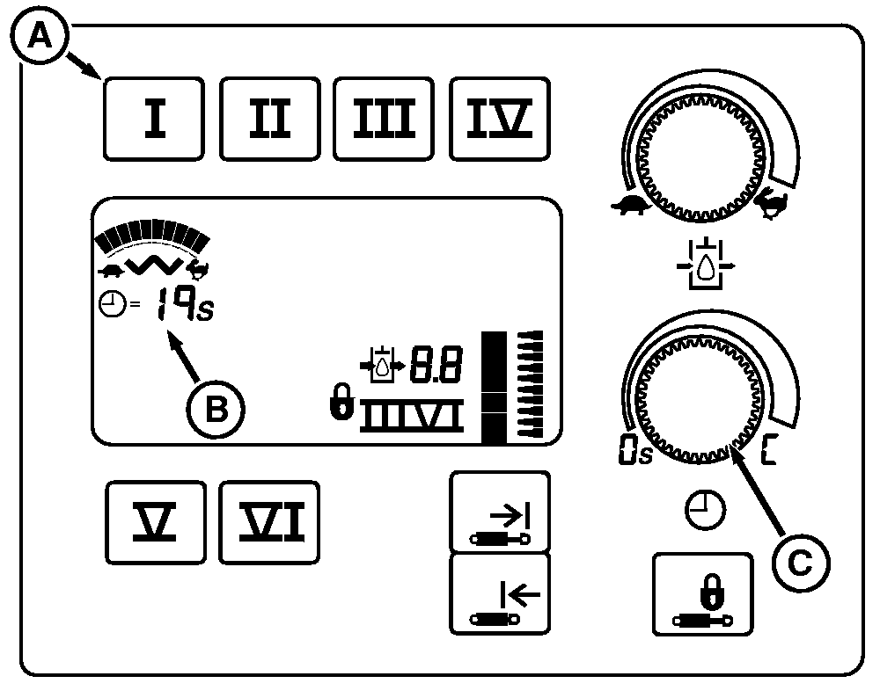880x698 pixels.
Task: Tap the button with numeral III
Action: tap(385, 119)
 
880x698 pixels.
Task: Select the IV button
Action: tap(499, 119)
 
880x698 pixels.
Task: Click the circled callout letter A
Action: tap(37, 37)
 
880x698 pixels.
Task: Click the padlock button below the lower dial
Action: tap(703, 593)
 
